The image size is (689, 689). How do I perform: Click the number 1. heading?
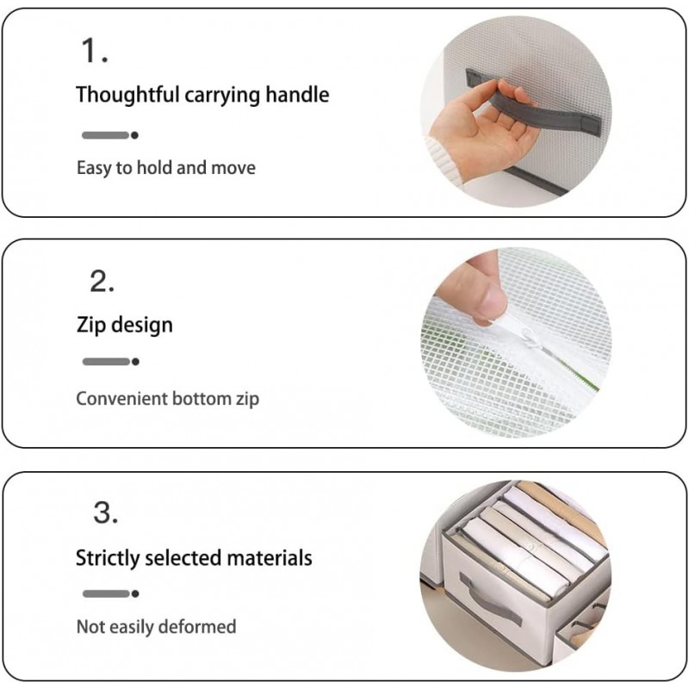[94, 53]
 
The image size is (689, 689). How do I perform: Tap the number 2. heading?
[102, 282]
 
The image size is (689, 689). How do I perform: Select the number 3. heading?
[105, 514]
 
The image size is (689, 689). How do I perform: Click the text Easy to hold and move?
[165, 167]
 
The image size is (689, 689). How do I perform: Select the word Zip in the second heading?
[90, 326]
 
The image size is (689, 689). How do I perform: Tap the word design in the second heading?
[141, 326]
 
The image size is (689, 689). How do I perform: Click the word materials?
[270, 558]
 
